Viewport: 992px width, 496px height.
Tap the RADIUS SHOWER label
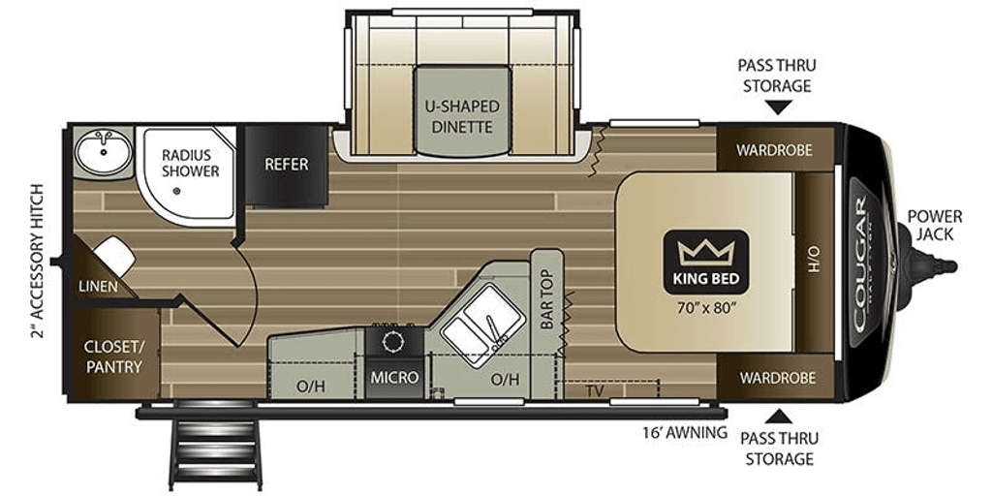(190, 163)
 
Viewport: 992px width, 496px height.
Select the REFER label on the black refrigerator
(287, 164)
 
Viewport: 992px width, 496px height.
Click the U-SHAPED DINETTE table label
(462, 116)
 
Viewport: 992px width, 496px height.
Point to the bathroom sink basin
(103, 152)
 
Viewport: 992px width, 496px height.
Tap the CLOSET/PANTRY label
(113, 356)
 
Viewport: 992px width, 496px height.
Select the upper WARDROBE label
(772, 150)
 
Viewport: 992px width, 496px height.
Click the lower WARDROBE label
(772, 377)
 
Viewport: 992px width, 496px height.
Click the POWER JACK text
(935, 225)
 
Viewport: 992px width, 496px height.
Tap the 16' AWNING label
(685, 432)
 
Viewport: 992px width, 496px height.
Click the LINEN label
(99, 287)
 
